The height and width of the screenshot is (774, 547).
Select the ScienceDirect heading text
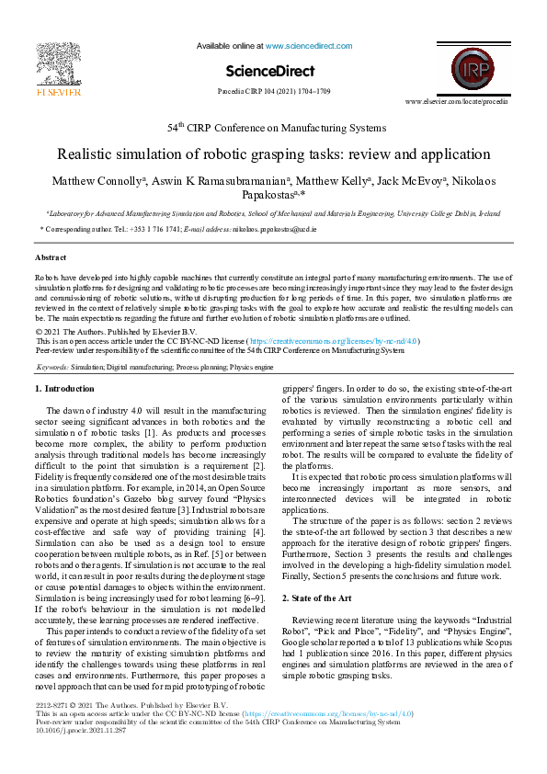[x=269, y=71]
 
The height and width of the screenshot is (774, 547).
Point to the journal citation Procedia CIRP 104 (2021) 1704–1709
[x=273, y=93]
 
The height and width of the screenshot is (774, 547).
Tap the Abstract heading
[x=51, y=257]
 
